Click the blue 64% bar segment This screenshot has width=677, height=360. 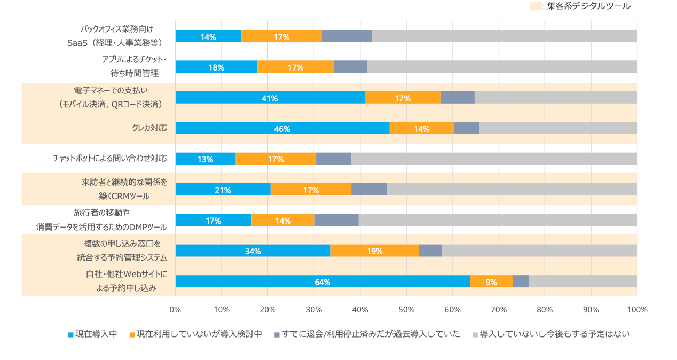pyautogui.click(x=322, y=281)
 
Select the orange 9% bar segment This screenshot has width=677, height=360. pyautogui.click(x=491, y=281)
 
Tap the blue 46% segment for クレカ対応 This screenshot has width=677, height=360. pyautogui.click(x=282, y=128)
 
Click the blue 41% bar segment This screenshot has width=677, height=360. pyautogui.click(x=270, y=98)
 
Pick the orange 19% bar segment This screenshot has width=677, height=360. pyautogui.click(x=374, y=251)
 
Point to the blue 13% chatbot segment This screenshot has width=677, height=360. pyautogui.click(x=205, y=159)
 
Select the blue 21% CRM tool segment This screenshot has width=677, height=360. pyautogui.click(x=223, y=190)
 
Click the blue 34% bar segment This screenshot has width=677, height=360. pyautogui.click(x=253, y=251)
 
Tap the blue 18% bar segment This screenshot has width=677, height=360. pyautogui.click(x=216, y=67)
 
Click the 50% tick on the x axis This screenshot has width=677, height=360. pyautogui.click(x=406, y=310)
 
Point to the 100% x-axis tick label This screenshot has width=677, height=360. pyautogui.click(x=637, y=310)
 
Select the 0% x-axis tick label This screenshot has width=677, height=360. pyautogui.click(x=175, y=310)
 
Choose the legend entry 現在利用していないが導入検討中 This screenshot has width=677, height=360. pyautogui.click(x=195, y=334)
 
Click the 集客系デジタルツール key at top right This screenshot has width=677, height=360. pyautogui.click(x=580, y=6)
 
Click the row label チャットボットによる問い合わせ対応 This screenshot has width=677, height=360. pyautogui.click(x=109, y=159)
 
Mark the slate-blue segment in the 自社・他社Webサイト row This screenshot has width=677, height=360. pyautogui.click(x=521, y=281)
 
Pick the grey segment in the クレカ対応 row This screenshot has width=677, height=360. pyautogui.click(x=558, y=128)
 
